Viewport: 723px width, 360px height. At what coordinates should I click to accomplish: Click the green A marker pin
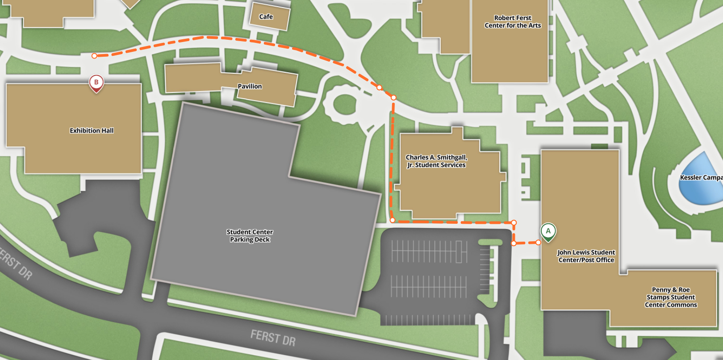[548, 231]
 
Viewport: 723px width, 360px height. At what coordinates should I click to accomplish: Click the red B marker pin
[96, 83]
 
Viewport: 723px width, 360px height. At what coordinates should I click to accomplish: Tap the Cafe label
[266, 17]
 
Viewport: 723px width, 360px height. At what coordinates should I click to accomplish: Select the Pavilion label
[250, 86]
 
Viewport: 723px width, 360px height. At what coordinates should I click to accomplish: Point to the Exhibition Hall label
[92, 130]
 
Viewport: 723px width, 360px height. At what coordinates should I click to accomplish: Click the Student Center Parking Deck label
[250, 236]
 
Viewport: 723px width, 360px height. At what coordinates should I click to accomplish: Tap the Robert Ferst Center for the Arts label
[513, 21]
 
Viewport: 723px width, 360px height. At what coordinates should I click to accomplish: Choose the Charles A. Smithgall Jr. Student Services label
[436, 161]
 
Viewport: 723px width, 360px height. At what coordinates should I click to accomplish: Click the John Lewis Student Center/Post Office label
[586, 256]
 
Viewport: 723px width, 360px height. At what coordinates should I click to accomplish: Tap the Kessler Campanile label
[701, 177]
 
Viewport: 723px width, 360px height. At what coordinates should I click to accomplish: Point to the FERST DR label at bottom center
[273, 337]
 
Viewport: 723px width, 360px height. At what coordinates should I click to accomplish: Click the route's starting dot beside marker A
[539, 243]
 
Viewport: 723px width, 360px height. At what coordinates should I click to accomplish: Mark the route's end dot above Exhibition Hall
[94, 56]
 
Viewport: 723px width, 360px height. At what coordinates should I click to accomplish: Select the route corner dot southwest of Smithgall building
[393, 220]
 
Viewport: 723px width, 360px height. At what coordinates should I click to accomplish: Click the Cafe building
[270, 16]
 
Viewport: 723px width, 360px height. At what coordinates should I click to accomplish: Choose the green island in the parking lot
[490, 242]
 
